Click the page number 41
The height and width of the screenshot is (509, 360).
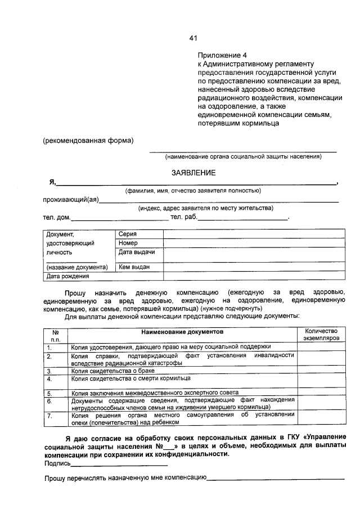[x=193, y=38]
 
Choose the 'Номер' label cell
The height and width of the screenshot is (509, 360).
[x=128, y=243]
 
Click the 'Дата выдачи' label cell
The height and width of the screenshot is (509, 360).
[x=136, y=253]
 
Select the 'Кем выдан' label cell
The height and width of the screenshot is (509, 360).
[x=134, y=267]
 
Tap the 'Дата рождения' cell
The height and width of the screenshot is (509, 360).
[x=67, y=276]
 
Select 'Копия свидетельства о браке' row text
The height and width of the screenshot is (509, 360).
[x=112, y=371]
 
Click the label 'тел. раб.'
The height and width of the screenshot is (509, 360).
[x=184, y=217]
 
